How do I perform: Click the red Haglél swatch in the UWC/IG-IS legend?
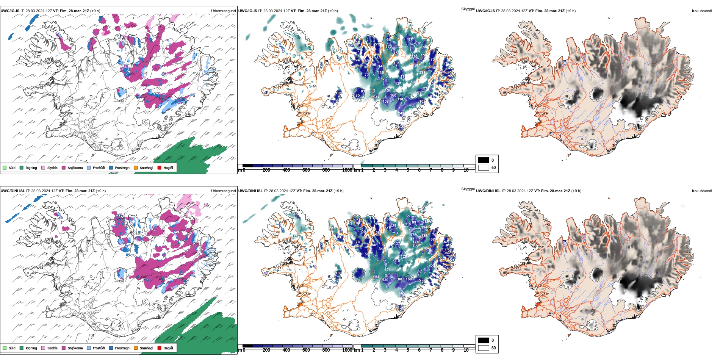(x=160, y=167)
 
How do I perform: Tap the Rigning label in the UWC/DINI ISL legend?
(x=31, y=348)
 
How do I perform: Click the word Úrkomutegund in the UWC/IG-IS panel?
(x=223, y=11)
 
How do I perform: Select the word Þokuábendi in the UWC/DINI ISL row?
(x=702, y=191)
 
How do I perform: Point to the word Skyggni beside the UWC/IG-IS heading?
(x=468, y=9)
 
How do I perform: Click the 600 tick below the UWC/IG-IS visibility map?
(x=306, y=170)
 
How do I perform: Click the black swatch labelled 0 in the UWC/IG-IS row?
(x=484, y=160)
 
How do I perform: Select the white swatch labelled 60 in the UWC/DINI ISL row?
(x=484, y=347)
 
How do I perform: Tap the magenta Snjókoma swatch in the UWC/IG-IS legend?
(x=64, y=167)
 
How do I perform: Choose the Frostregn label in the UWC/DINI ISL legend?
(x=122, y=348)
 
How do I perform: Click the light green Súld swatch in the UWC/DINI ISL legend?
(x=5, y=348)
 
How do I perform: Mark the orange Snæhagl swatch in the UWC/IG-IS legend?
(x=136, y=167)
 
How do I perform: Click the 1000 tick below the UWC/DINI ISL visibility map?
(x=347, y=350)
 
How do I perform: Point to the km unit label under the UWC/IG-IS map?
(x=356, y=170)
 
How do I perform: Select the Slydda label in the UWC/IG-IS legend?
(x=52, y=168)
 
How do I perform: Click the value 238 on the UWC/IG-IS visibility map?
(x=422, y=72)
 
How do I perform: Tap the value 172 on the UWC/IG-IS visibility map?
(x=389, y=47)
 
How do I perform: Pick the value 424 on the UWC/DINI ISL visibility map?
(x=387, y=270)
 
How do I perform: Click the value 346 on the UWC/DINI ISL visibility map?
(x=401, y=293)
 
